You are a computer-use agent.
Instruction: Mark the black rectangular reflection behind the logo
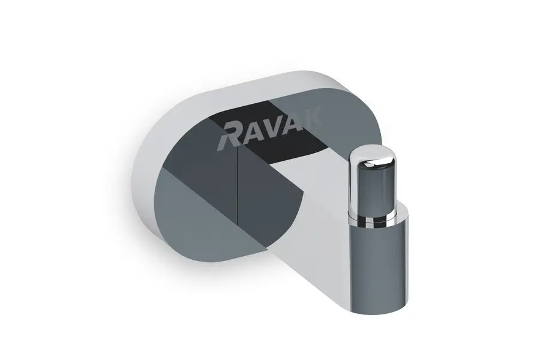(x=282, y=135)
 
